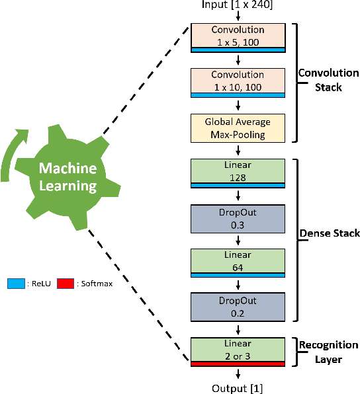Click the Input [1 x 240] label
(x=238, y=6)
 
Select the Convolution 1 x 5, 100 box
(x=238, y=36)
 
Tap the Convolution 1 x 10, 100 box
(x=238, y=81)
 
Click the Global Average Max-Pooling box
(x=238, y=127)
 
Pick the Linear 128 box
(x=238, y=172)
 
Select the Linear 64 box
(x=238, y=262)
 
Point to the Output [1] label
(x=238, y=387)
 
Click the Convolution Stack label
(x=328, y=80)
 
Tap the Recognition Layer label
(x=328, y=351)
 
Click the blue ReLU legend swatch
(x=15, y=284)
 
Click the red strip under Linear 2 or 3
(x=238, y=364)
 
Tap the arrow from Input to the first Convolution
(x=238, y=17)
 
